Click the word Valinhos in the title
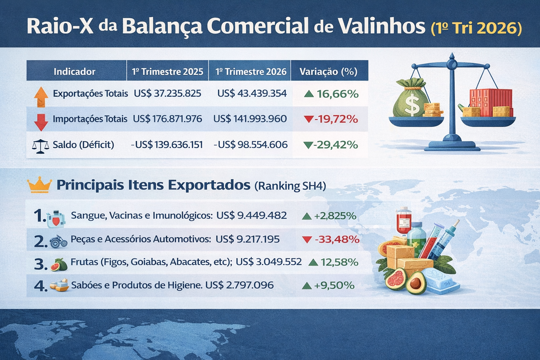click(381, 26)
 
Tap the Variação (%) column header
click(328, 72)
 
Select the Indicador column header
click(74, 72)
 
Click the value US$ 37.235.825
click(167, 94)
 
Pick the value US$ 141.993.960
click(250, 119)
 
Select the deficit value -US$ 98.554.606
click(251, 144)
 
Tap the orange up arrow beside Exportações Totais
click(41, 97)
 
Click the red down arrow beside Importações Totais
click(41, 122)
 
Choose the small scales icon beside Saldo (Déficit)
click(40, 146)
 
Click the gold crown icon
click(39, 185)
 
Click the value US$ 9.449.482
click(251, 216)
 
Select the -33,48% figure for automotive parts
click(337, 239)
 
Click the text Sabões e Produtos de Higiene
click(136, 285)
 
